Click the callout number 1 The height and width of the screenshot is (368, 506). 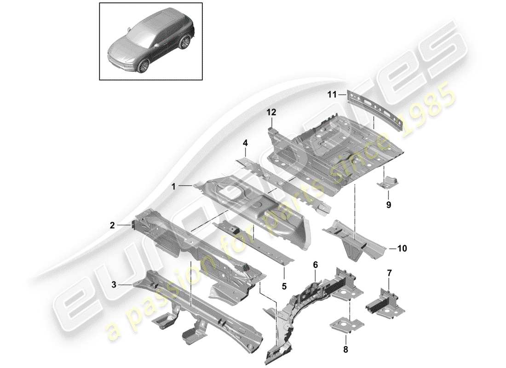coord(173,187)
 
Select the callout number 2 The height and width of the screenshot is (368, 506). coord(112,225)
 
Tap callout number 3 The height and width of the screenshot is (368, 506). coord(114,285)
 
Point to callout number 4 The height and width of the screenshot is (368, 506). coord(246,144)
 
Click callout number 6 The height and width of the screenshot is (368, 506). coord(315,265)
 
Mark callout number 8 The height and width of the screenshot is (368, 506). coord(345,350)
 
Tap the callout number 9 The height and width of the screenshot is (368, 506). coord(388,205)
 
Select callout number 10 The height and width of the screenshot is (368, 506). coord(402,249)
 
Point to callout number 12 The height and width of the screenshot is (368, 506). coord(271,112)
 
